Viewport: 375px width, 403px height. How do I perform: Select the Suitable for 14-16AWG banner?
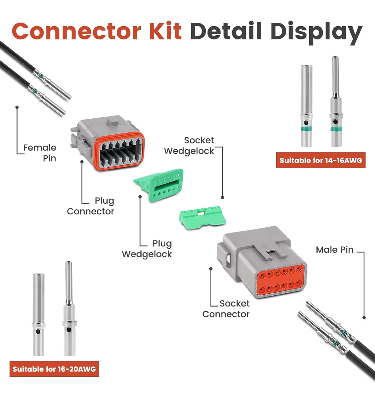coord(321,160)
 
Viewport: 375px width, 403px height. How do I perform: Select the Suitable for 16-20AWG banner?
coord(54,369)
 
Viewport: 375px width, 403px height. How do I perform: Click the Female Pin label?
coord(40,153)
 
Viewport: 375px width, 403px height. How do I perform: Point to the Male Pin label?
coord(334,249)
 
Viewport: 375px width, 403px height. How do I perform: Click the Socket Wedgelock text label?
coord(189,146)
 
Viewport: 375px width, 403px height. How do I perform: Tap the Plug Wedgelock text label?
coord(147,249)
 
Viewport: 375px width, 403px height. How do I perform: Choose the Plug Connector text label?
coord(91,206)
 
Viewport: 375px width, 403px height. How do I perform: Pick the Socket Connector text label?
coord(226,309)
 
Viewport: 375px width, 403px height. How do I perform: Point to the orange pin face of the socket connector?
coord(280,279)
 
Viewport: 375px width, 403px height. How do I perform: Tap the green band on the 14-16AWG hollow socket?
coord(306,129)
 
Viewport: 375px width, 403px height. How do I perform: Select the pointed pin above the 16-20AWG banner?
coord(69,309)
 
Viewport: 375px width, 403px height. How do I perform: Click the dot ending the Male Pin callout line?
coord(364,318)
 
